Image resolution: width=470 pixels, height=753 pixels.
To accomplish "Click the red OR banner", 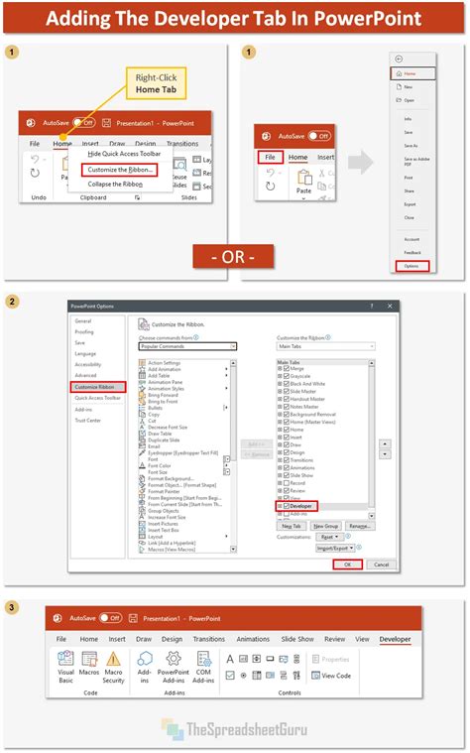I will click(234, 257).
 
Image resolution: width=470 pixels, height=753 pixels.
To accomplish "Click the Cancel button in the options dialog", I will click(378, 565).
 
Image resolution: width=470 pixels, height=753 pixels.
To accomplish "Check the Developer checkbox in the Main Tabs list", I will click(286, 505).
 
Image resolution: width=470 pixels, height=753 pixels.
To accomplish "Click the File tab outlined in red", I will click(269, 157).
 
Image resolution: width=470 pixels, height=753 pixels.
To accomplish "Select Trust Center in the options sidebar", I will click(87, 420).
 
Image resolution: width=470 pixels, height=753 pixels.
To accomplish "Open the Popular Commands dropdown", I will click(188, 346).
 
